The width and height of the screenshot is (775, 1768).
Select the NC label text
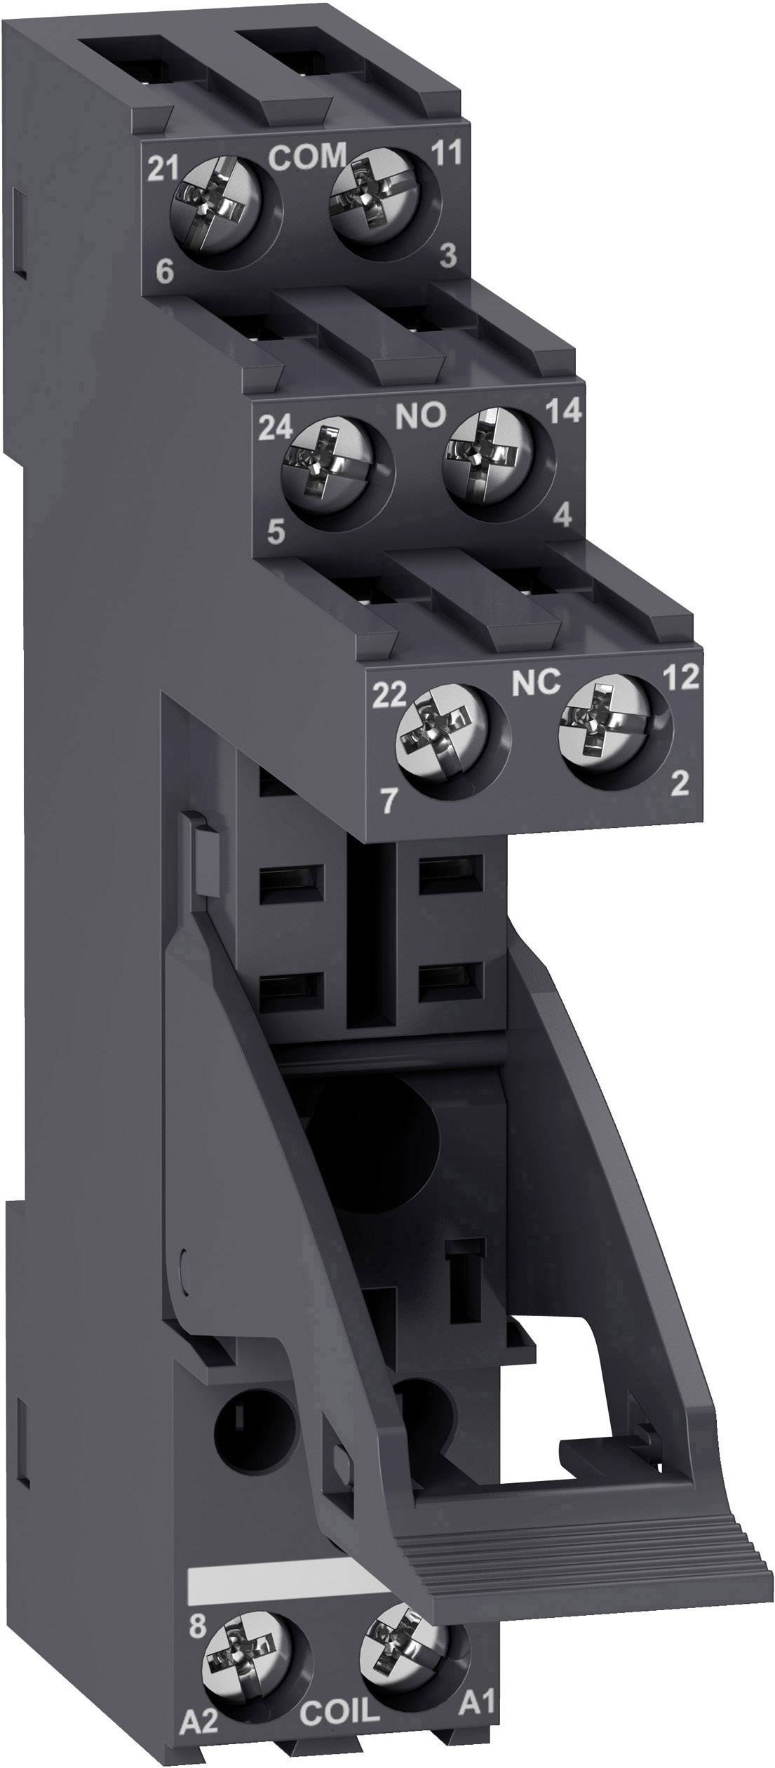(x=535, y=681)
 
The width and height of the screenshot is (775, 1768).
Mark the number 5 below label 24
(x=276, y=533)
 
